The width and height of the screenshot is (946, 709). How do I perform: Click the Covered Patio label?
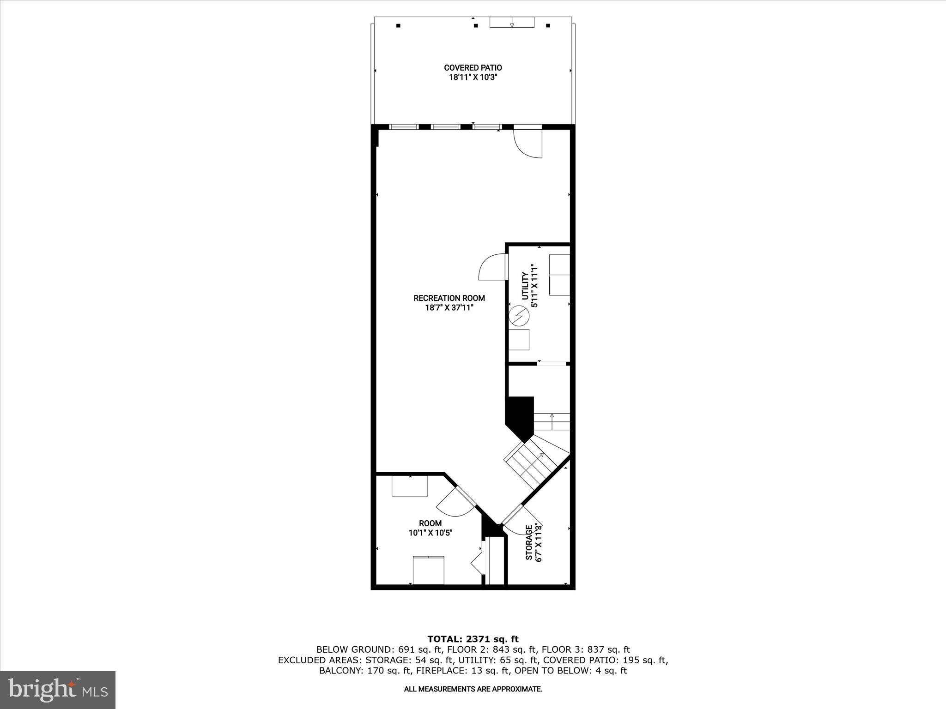473,68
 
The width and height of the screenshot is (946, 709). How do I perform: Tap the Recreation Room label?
449,298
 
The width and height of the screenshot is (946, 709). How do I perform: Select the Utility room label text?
525,286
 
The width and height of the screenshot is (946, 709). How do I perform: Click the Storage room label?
529,542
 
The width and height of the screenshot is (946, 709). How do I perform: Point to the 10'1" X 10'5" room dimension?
430,533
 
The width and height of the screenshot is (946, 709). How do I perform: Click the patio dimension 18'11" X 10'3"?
473,78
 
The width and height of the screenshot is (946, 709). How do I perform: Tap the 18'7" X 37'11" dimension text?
449,307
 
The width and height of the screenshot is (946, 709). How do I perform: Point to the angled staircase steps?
531,462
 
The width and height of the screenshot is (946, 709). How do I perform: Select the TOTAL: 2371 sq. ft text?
473,639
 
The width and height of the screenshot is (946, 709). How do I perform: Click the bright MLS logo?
58,690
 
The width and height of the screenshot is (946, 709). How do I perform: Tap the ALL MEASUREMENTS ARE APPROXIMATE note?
473,689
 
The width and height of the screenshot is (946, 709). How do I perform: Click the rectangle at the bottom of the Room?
428,571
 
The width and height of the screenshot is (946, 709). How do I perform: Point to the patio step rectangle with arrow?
512,22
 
